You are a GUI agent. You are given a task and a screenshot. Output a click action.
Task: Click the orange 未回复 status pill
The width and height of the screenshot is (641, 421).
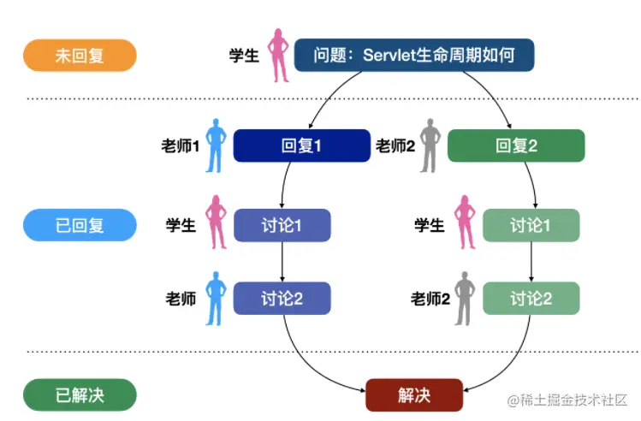pyautogui.click(x=80, y=56)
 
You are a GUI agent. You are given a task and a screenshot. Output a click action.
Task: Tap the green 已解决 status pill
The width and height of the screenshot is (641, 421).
pyautogui.click(x=80, y=394)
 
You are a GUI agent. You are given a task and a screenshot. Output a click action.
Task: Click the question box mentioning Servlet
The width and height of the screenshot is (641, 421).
pyautogui.click(x=414, y=56)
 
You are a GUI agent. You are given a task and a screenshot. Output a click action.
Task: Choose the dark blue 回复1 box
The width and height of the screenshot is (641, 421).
pyautogui.click(x=301, y=145)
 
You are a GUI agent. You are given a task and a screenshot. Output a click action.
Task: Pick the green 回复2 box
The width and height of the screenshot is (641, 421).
pyautogui.click(x=516, y=145)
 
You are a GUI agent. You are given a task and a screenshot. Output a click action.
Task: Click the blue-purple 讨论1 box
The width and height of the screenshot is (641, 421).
pyautogui.click(x=282, y=225)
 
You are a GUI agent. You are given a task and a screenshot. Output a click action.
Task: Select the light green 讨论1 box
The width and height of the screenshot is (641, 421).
pyautogui.click(x=531, y=225)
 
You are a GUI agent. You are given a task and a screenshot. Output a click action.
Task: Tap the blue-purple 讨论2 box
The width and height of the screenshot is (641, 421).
pyautogui.click(x=282, y=298)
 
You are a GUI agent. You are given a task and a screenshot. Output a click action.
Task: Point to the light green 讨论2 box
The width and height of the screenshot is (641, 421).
pyautogui.click(x=531, y=298)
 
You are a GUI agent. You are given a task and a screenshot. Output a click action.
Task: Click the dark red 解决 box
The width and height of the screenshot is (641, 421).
pyautogui.click(x=414, y=394)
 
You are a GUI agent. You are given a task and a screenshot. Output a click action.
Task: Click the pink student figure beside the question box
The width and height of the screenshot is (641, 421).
pyautogui.click(x=278, y=56)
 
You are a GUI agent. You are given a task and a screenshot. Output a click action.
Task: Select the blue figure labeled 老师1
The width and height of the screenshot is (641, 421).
pyautogui.click(x=216, y=145)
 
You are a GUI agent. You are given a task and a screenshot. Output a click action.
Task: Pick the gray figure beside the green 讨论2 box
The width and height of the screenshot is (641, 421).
pyautogui.click(x=466, y=298)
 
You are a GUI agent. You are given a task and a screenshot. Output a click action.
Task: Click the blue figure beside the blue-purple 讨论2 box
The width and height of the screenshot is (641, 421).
pyautogui.click(x=216, y=298)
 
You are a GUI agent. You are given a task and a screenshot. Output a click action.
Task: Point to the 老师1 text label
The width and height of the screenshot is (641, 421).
pyautogui.click(x=180, y=146)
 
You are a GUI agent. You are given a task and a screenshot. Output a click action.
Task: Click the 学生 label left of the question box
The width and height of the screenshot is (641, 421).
pyautogui.click(x=244, y=56)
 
